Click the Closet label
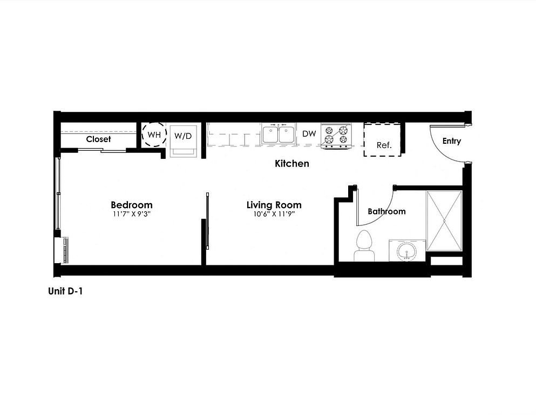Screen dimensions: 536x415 [x=98, y=139]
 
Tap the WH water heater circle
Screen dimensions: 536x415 [x=154, y=135]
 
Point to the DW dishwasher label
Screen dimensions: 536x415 [x=309, y=133]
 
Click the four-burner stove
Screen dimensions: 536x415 [x=336, y=136]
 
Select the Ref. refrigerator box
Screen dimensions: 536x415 [x=383, y=140]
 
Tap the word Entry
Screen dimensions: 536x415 [x=452, y=141]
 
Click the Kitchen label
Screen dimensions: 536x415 [x=292, y=164]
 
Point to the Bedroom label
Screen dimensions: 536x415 [x=132, y=205]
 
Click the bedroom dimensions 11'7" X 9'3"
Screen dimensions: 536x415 [x=132, y=215]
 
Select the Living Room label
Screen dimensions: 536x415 [x=274, y=205]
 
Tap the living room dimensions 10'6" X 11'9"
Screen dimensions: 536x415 [x=274, y=215]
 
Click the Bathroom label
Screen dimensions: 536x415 [x=386, y=211]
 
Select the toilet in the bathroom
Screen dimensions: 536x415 [x=364, y=246]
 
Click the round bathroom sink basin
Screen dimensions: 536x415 [x=407, y=252]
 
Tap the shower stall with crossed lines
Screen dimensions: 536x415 [x=444, y=220]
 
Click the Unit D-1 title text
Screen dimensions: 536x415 [x=65, y=291]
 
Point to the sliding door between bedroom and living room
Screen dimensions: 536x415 [x=207, y=221]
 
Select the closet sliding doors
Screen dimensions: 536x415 [x=102, y=150]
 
